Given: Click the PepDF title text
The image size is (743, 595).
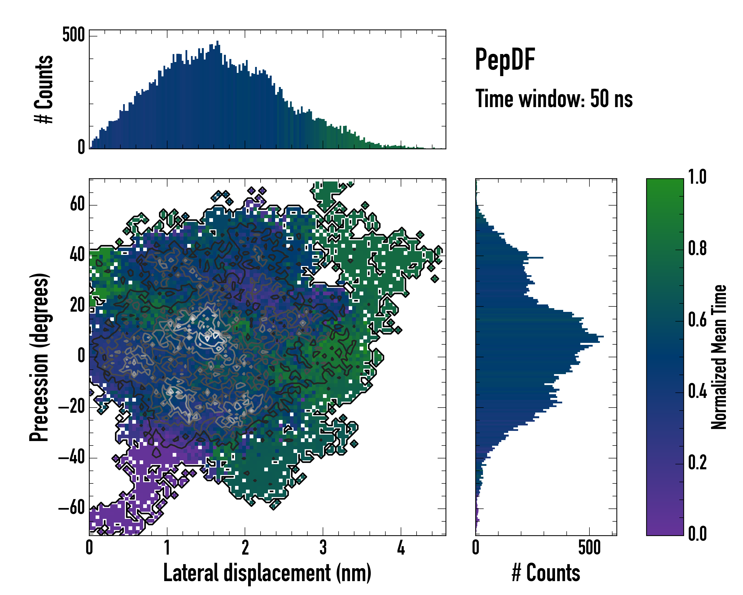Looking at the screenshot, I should click(505, 60).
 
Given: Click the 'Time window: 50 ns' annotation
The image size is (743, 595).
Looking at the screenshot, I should click(554, 99).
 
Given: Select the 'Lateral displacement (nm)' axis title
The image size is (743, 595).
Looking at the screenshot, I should click(267, 573).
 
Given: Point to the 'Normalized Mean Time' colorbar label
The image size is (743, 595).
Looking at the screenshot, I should click(719, 357).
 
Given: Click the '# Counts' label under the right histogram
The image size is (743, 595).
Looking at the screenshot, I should click(546, 573).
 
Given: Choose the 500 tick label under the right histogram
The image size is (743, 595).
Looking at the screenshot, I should click(589, 548).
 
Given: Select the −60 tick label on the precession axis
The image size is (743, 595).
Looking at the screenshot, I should click(72, 508).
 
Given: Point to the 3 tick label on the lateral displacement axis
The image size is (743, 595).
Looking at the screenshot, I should click(323, 548).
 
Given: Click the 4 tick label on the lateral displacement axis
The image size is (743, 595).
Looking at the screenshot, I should click(401, 548).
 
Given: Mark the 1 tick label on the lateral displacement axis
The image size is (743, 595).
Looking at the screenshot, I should click(167, 548).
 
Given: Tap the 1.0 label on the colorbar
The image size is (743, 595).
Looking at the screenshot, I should click(697, 177).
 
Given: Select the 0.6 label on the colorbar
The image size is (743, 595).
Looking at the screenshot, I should click(697, 320).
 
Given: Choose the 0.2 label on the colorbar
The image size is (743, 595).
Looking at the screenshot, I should click(697, 463).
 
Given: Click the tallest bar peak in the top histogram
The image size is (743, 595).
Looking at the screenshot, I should click(217, 42).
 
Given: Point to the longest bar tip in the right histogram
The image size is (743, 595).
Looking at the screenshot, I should click(603, 336).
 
